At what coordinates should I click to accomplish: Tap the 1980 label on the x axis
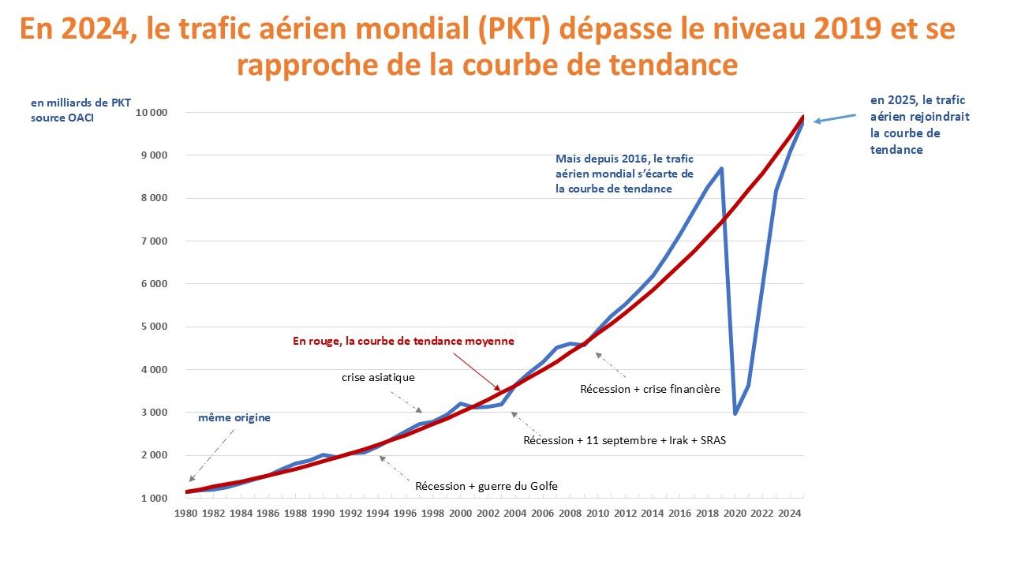(186, 514)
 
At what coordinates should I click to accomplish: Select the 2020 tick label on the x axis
(735, 514)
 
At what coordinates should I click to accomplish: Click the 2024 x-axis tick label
(789, 514)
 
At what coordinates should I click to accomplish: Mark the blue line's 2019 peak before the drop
(721, 168)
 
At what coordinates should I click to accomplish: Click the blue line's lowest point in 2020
(735, 413)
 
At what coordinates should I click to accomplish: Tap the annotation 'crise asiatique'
(378, 378)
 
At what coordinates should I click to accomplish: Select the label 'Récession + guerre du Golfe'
(486, 486)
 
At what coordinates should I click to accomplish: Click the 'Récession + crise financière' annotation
(649, 389)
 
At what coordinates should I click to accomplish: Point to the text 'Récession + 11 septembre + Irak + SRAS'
(624, 440)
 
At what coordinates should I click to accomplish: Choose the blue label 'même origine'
(234, 418)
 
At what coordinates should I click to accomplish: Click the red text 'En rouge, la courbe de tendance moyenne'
(403, 342)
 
